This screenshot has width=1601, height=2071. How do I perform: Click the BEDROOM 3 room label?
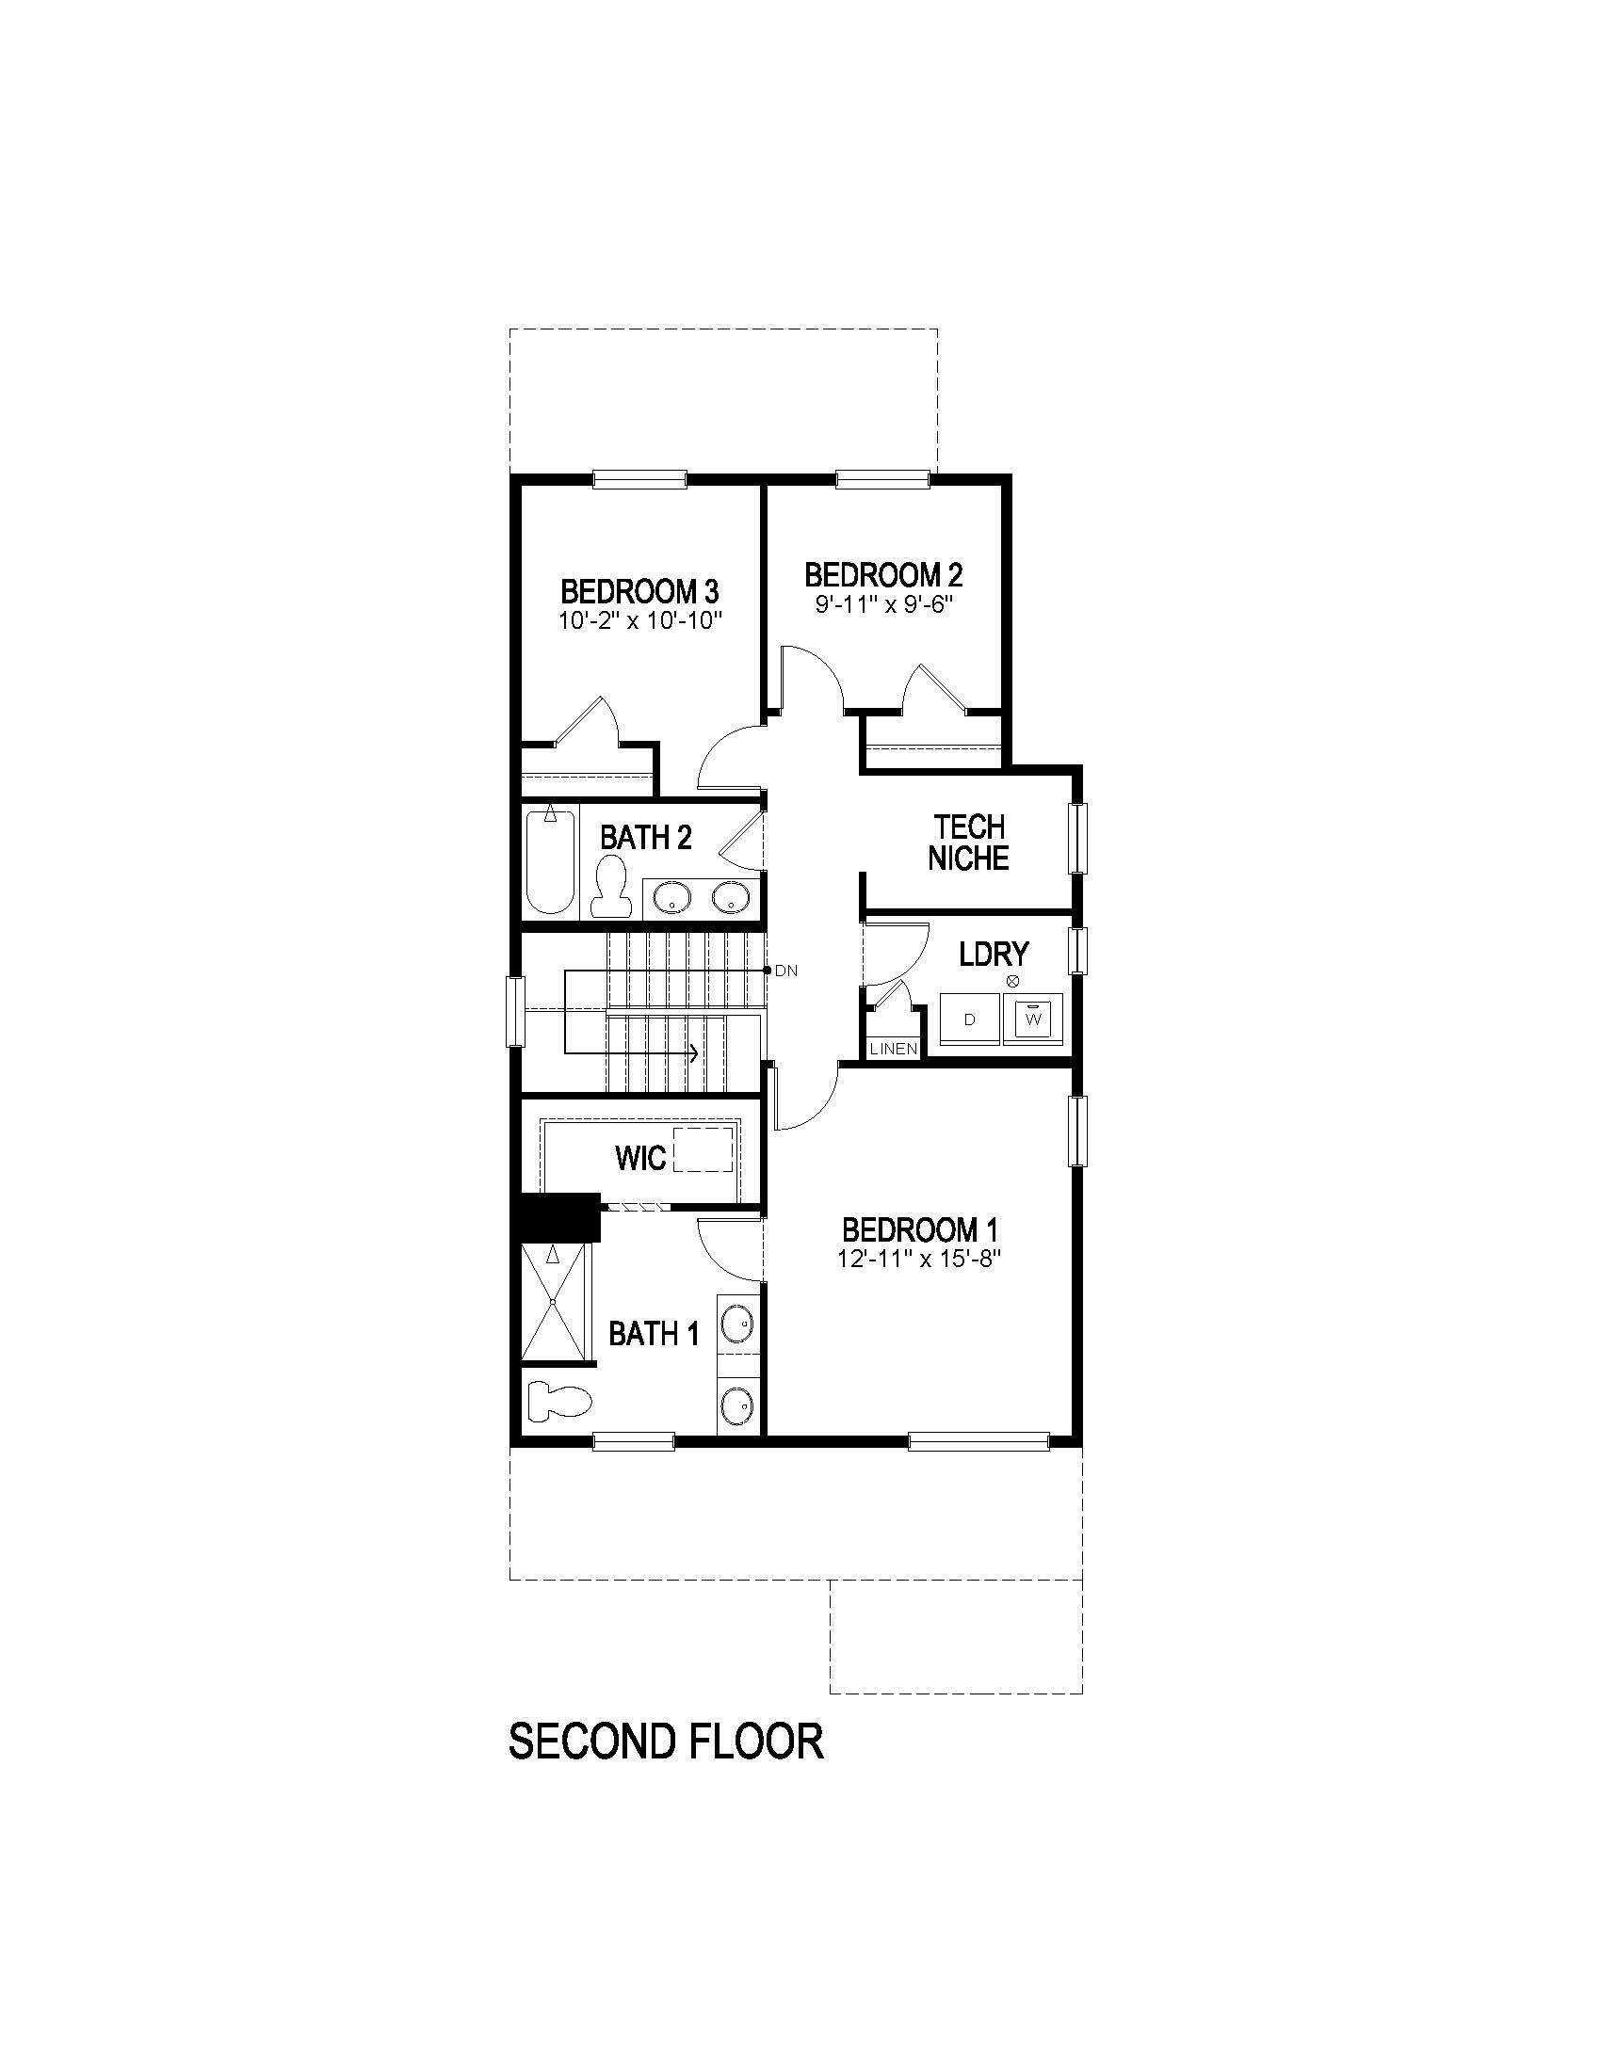pos(639,592)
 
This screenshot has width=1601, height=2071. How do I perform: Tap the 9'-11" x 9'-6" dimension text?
pos(883,605)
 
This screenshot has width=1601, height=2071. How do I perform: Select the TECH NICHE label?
pos(967,843)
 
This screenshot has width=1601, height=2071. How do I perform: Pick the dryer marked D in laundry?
pos(968,1019)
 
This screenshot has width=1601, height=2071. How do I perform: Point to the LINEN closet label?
pos(894,1049)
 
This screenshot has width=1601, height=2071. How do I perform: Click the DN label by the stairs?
pos(786,971)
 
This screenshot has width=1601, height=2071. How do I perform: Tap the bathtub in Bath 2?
pos(549,861)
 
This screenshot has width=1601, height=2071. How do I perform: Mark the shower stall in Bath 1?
pos(554,1305)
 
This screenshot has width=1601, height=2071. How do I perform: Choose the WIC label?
pos(640,1158)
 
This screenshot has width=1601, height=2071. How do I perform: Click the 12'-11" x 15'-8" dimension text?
pos(920,1260)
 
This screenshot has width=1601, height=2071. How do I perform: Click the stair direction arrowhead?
pos(695,1052)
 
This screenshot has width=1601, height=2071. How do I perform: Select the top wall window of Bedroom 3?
pos(639,480)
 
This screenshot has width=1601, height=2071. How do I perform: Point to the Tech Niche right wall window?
pos(1076,838)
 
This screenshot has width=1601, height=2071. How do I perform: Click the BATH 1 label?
pos(654,1334)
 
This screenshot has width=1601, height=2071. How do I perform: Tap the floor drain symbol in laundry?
pos(1012,982)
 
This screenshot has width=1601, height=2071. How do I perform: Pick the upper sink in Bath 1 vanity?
pos(737,1322)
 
